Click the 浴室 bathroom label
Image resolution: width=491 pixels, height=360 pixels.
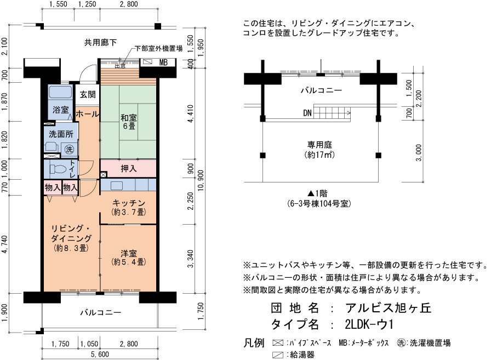point(60,110)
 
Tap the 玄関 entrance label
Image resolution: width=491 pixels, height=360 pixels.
point(87,94)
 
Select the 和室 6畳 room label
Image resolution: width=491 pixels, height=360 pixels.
point(129,122)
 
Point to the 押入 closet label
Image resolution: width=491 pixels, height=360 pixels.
point(129,169)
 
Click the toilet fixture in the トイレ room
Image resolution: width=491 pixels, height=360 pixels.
point(58,169)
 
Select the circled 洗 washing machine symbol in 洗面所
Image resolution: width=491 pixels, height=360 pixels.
point(69,150)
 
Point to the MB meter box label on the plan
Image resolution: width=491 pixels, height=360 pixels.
point(163,62)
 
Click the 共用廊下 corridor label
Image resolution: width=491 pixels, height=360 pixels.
point(100,42)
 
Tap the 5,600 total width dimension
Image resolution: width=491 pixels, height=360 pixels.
point(100,354)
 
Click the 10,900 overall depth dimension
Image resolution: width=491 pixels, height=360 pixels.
point(201,180)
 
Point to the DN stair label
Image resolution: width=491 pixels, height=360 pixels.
point(307,113)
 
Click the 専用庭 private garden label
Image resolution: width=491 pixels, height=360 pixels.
point(319,145)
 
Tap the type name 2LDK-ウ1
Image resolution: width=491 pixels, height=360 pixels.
point(369,324)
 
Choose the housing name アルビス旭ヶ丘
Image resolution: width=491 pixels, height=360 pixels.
point(389,308)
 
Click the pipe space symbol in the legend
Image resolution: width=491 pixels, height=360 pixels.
point(278,343)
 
